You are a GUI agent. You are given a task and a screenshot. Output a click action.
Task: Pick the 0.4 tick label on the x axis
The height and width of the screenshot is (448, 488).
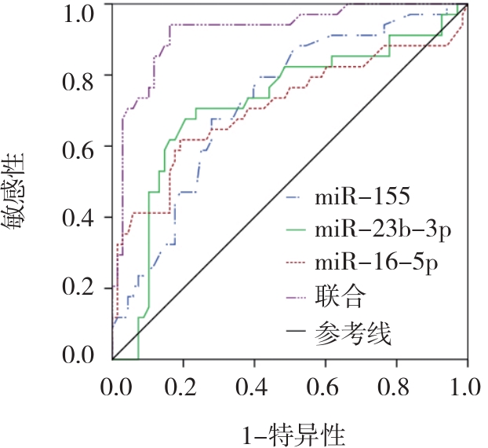coord(255,386)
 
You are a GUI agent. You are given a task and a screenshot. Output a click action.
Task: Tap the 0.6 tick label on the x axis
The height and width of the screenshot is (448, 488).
coord(326,386)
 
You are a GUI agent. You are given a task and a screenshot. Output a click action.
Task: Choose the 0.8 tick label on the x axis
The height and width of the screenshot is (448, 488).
coord(397,386)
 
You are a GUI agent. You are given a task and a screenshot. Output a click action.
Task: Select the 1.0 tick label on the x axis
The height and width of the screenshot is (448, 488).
coord(466,386)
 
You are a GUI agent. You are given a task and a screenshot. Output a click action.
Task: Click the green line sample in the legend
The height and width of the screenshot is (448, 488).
coord(297,230)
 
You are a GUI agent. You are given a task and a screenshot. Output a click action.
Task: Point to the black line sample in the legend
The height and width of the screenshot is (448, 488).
coord(297,333)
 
